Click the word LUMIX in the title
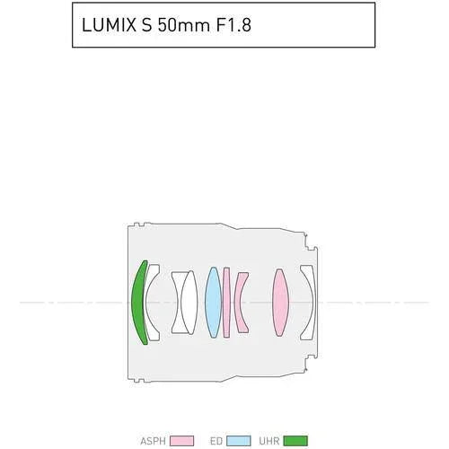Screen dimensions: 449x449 106,25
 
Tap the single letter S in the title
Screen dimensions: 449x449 144,25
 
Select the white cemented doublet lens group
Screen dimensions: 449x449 185,302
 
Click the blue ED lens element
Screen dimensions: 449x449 213,302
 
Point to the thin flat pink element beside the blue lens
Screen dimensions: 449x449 227,302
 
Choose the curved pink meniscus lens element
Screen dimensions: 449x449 241,302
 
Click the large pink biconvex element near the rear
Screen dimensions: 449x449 280,302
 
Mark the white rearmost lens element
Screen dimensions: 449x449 309,302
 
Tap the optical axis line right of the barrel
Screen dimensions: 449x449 377,303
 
